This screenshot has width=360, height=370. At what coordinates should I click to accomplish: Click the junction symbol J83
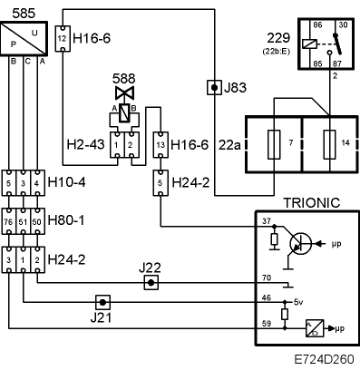pyautogui.click(x=214, y=88)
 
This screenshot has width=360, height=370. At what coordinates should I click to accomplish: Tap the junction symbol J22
pyautogui.click(x=151, y=283)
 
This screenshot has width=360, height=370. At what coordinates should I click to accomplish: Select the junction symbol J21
pyautogui.click(x=102, y=302)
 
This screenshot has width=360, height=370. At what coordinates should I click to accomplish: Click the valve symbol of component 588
pyautogui.click(x=124, y=92)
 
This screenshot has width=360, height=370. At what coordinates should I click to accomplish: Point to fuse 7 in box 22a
pyautogui.click(x=274, y=144)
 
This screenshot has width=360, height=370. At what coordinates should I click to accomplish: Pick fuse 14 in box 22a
pyautogui.click(x=329, y=144)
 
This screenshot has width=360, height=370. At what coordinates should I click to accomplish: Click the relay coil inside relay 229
pyautogui.click(x=309, y=44)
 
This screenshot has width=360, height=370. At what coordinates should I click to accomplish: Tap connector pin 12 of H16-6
pyautogui.click(x=63, y=39)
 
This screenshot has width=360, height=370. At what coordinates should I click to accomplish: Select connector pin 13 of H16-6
pyautogui.click(x=161, y=145)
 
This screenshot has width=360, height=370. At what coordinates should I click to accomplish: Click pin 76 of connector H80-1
pyautogui.click(x=8, y=221)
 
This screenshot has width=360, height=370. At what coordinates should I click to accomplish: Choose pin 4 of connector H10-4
pyautogui.click(x=37, y=183)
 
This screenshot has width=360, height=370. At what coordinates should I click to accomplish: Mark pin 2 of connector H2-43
pyautogui.click(x=131, y=145)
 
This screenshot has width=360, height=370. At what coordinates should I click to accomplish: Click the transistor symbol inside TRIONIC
pyautogui.click(x=300, y=243)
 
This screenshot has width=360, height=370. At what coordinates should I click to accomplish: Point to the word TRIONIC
pyautogui.click(x=312, y=202)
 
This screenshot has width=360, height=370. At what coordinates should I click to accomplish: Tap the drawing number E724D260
pyautogui.click(x=324, y=359)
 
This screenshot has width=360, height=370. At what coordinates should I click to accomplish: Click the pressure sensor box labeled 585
pyautogui.click(x=24, y=38)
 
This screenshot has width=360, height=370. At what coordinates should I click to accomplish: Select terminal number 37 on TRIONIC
pyautogui.click(x=267, y=221)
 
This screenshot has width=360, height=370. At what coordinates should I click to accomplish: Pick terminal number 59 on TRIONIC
pyautogui.click(x=267, y=324)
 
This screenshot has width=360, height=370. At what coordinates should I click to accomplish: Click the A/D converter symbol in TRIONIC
pyautogui.click(x=315, y=328)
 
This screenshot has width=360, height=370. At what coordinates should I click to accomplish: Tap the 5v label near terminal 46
pyautogui.click(x=298, y=302)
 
